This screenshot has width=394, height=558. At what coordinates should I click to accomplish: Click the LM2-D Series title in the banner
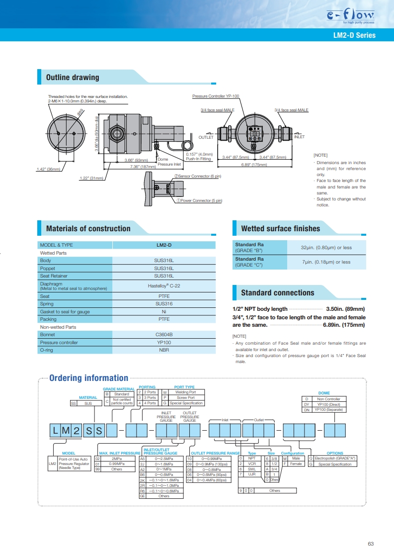point(354,35)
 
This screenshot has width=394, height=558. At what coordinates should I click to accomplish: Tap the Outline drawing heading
point(73,77)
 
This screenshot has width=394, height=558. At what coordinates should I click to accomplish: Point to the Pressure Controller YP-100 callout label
point(216,96)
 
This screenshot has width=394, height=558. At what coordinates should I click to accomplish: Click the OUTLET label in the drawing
point(206,137)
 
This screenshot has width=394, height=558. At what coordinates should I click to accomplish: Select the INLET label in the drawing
point(300,137)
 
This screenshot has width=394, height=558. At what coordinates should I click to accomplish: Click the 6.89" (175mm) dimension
point(254,165)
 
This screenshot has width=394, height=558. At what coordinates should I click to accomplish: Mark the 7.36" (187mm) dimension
point(143,167)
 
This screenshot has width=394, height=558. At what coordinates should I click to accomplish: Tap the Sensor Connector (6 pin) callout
point(198,176)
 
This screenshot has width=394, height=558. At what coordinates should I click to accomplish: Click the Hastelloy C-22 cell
point(164,286)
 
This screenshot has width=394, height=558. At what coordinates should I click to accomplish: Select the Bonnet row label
point(47,335)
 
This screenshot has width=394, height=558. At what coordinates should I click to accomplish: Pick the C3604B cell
point(164,335)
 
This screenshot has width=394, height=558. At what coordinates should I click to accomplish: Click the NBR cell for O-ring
point(164,350)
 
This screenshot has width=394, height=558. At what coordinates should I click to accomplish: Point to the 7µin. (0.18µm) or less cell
point(326,262)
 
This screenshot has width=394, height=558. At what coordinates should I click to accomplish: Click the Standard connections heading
point(278,292)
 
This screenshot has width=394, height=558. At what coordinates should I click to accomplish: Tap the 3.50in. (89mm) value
point(345,309)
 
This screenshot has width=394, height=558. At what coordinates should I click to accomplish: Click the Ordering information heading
point(88,378)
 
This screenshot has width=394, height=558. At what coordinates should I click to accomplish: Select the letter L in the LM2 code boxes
point(55,431)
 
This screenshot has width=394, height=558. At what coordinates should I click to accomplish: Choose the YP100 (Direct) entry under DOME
point(328,404)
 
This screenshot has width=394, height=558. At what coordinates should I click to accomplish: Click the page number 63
point(371,544)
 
